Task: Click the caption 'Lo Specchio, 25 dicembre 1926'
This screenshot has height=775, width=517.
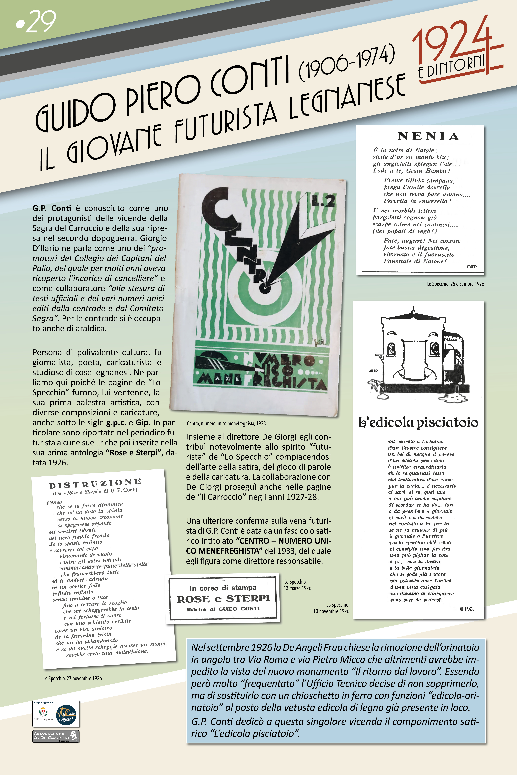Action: [x=455, y=284]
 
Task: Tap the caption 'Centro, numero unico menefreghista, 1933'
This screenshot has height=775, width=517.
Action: [x=226, y=423]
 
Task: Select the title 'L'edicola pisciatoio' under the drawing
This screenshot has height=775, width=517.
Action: [x=418, y=422]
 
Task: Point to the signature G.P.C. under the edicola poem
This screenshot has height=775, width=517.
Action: [x=467, y=609]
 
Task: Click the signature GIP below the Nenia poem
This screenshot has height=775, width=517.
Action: [x=471, y=267]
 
